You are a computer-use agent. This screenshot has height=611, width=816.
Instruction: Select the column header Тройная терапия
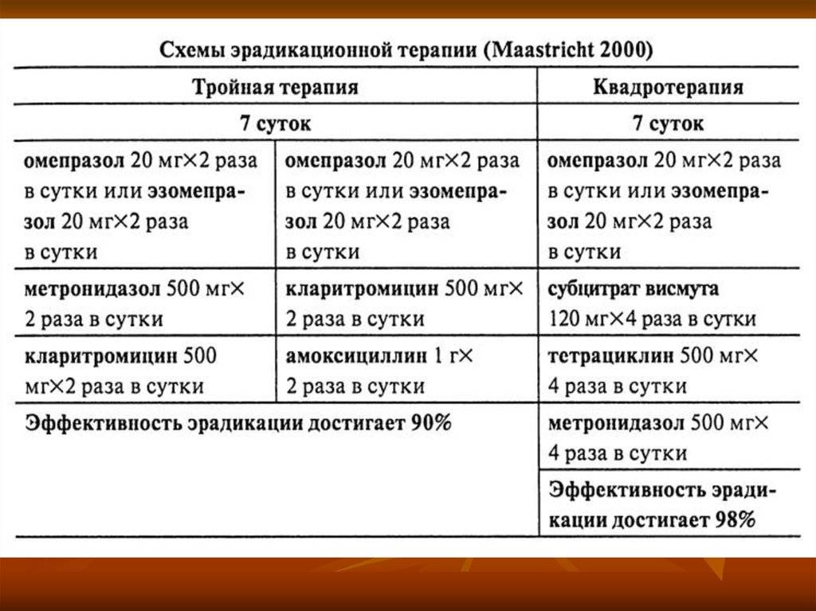tap(275, 86)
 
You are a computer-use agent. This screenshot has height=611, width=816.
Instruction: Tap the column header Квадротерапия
tap(669, 87)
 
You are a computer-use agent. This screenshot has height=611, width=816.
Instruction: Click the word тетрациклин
tap(610, 356)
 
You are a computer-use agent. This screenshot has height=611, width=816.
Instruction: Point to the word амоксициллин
tap(356, 356)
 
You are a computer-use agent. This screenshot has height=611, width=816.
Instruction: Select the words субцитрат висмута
tap(633, 289)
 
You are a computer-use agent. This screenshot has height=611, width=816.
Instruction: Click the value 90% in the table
tap(431, 423)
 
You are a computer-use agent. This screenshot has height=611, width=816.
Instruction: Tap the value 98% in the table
tap(735, 519)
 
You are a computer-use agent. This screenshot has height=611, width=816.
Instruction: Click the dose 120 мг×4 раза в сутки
tap(652, 319)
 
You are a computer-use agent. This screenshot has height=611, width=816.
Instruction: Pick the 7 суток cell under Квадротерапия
tap(669, 123)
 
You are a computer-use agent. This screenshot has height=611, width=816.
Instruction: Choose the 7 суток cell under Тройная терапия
tap(275, 123)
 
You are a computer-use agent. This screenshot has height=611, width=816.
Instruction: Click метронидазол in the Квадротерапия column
tap(617, 423)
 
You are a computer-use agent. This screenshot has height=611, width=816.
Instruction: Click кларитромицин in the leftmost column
tap(101, 357)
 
